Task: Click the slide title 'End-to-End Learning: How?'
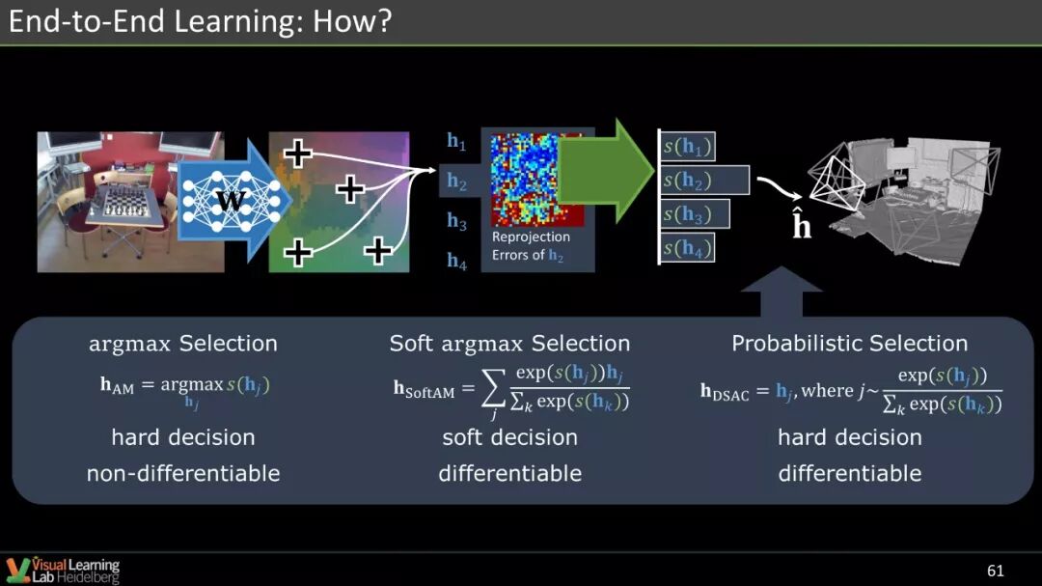[x=200, y=22]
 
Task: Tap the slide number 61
[x=996, y=571]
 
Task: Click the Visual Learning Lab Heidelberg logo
[x=63, y=569]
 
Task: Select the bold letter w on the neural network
[x=231, y=200]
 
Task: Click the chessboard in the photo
[x=123, y=203]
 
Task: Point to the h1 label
[x=456, y=142]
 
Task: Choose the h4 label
[x=456, y=261]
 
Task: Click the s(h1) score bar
[x=688, y=147]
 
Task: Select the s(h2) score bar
[x=704, y=181]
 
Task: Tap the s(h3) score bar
[x=695, y=214]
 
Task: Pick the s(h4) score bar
[x=688, y=248]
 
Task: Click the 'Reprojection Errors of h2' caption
[x=531, y=246]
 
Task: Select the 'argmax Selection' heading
[x=183, y=344]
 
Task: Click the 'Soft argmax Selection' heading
[x=509, y=344]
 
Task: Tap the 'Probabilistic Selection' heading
[x=849, y=344]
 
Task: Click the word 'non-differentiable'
[x=183, y=473]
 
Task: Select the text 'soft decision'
[x=509, y=437]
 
